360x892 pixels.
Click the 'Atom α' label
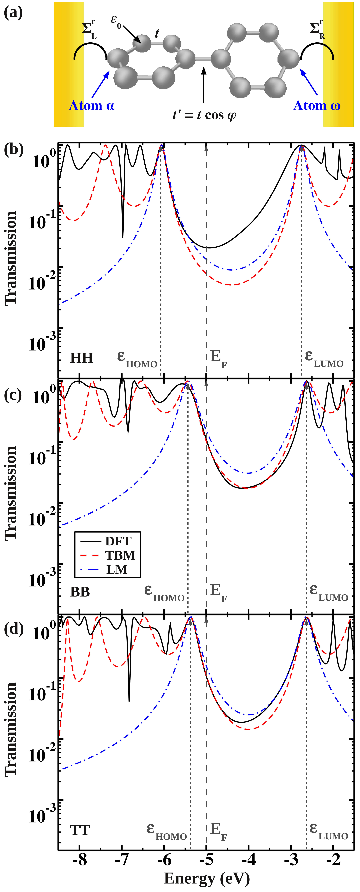tap(92, 106)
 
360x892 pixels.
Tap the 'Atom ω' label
tap(317, 106)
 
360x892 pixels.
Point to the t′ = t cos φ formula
tap(204, 115)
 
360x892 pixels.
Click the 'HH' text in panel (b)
tap(82, 358)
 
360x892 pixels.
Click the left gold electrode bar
tap(68, 64)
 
